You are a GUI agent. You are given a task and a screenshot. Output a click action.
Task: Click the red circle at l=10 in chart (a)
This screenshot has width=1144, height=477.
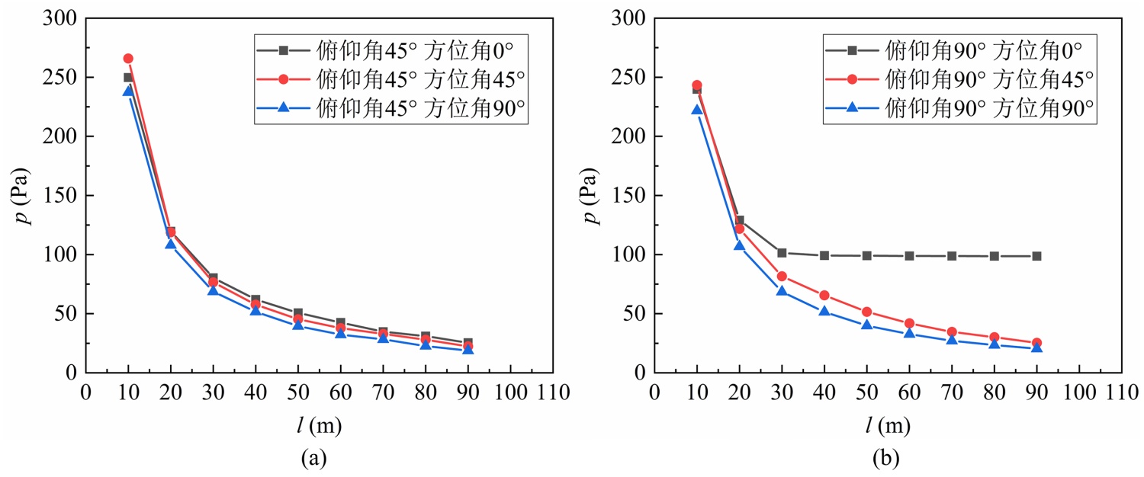click(x=128, y=59)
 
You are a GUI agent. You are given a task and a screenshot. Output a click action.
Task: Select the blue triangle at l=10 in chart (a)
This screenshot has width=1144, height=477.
click(x=128, y=91)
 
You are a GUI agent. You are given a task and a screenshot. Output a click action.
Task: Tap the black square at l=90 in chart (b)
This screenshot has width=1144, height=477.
click(x=1036, y=256)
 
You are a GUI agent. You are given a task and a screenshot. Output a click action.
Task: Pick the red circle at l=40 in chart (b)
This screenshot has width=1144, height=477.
click(x=824, y=295)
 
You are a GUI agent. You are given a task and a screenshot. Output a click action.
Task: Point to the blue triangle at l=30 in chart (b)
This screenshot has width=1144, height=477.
click(x=782, y=291)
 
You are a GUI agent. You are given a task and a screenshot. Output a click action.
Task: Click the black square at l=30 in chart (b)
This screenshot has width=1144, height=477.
click(x=782, y=252)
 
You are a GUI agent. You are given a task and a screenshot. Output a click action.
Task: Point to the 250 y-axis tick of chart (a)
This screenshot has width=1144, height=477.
click(x=63, y=78)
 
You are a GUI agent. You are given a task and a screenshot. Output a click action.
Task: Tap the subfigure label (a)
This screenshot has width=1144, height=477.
click(x=315, y=458)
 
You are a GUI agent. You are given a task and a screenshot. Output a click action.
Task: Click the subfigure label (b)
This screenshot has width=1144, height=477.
click(x=885, y=458)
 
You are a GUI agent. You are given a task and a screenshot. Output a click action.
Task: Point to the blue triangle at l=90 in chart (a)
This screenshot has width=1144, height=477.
click(x=468, y=350)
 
